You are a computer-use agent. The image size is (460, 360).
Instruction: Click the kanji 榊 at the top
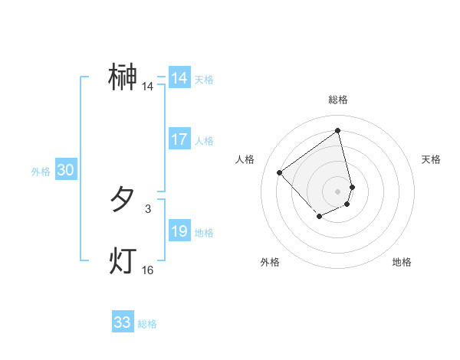coord(123,77)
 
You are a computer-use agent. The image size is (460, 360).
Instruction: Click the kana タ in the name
coord(123,200)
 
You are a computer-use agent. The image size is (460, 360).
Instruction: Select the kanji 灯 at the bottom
coord(123,261)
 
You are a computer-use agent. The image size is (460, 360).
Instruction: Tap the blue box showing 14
coord(179,78)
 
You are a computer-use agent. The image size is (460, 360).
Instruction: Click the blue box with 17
coord(179,139)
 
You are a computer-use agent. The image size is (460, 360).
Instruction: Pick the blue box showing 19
coord(179,231)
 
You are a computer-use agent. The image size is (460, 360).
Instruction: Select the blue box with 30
coord(65,171)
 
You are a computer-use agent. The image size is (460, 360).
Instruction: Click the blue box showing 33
coord(123,322)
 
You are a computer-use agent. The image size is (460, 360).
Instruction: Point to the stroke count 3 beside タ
coord(148,208)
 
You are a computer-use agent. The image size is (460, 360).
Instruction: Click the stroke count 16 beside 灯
coord(148,270)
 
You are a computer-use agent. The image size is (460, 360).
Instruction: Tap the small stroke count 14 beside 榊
coord(148,87)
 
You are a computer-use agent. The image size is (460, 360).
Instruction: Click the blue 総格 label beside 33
coord(147,324)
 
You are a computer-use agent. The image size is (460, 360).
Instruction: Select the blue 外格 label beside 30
coord(41,172)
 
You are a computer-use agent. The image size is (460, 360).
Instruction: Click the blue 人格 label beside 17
coord(205,141)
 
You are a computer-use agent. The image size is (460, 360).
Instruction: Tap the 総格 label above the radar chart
coord(338,100)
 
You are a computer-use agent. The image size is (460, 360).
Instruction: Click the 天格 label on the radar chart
coord(432,159)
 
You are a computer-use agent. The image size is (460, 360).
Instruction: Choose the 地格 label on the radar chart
coord(402,262)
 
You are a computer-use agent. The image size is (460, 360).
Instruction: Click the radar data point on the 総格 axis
coord(338,130)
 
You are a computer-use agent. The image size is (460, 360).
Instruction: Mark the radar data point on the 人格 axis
coord(280,172)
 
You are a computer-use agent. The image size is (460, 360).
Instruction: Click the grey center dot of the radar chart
coord(338,191)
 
